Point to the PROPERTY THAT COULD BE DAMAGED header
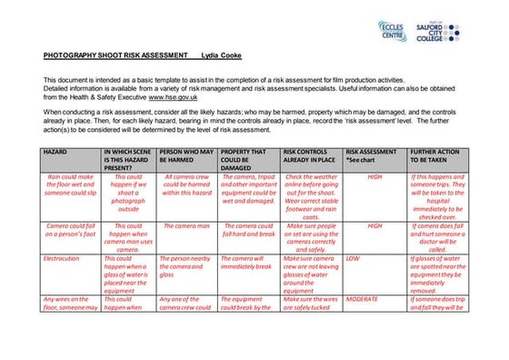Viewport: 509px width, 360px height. point(247,158)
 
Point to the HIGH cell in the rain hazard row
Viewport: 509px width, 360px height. point(374,177)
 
